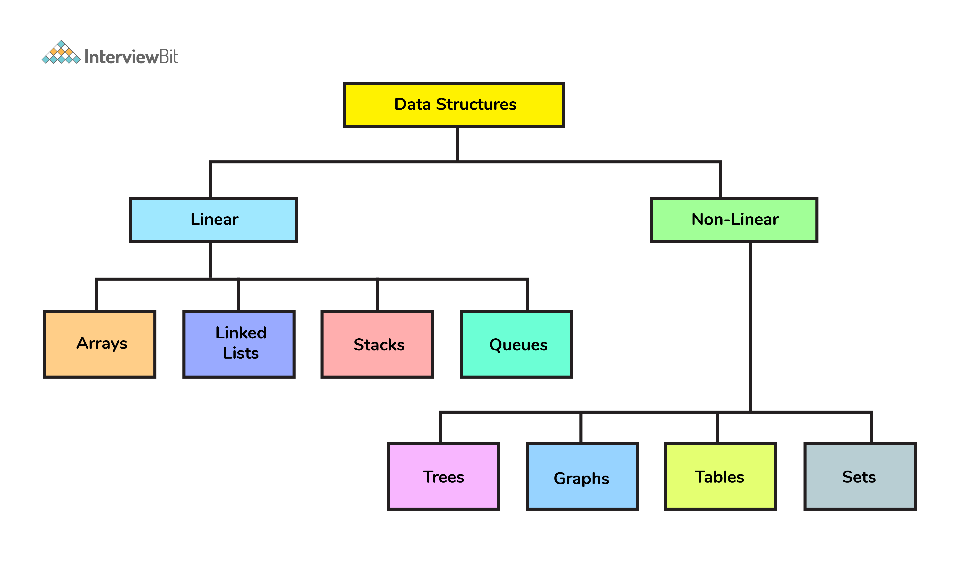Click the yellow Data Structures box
454,105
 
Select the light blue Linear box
213,220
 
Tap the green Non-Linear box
734,220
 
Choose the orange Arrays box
100,344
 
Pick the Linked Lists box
239,344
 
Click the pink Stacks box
377,344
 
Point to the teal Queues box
516,344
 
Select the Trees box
443,476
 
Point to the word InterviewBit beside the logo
131,57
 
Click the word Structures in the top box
476,104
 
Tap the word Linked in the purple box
241,333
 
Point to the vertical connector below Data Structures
457,144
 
